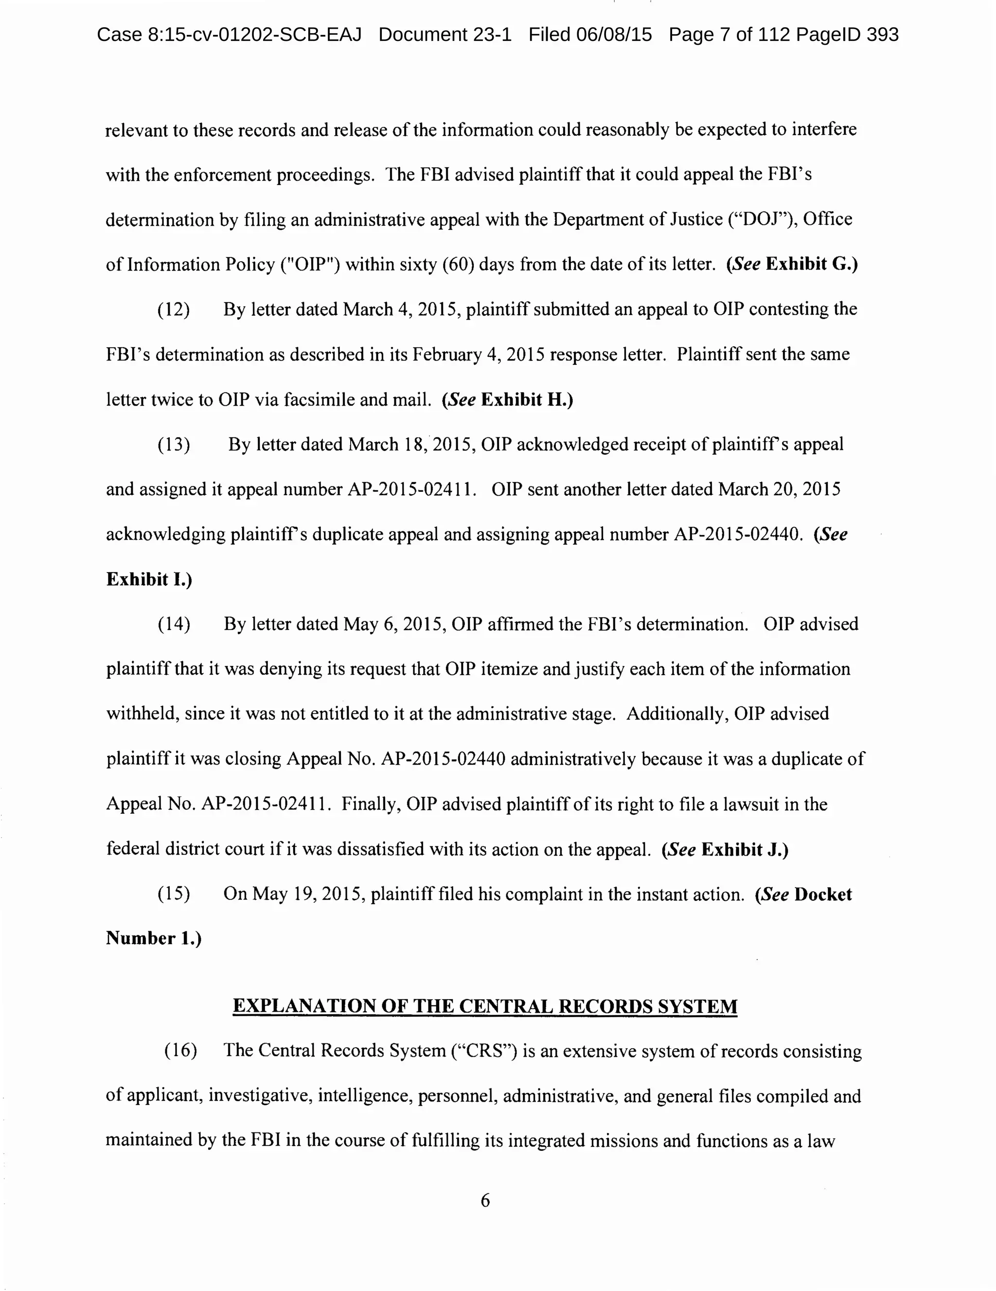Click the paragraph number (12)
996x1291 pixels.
[173, 309]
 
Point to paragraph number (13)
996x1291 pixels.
[173, 445]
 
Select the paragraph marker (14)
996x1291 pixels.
[173, 624]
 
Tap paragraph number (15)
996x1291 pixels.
[173, 895]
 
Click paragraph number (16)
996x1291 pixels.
[180, 1050]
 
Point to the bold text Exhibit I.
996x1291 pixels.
[148, 579]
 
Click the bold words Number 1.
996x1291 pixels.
[153, 939]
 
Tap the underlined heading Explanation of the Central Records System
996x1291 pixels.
[485, 1006]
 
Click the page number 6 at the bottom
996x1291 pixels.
[485, 1200]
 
